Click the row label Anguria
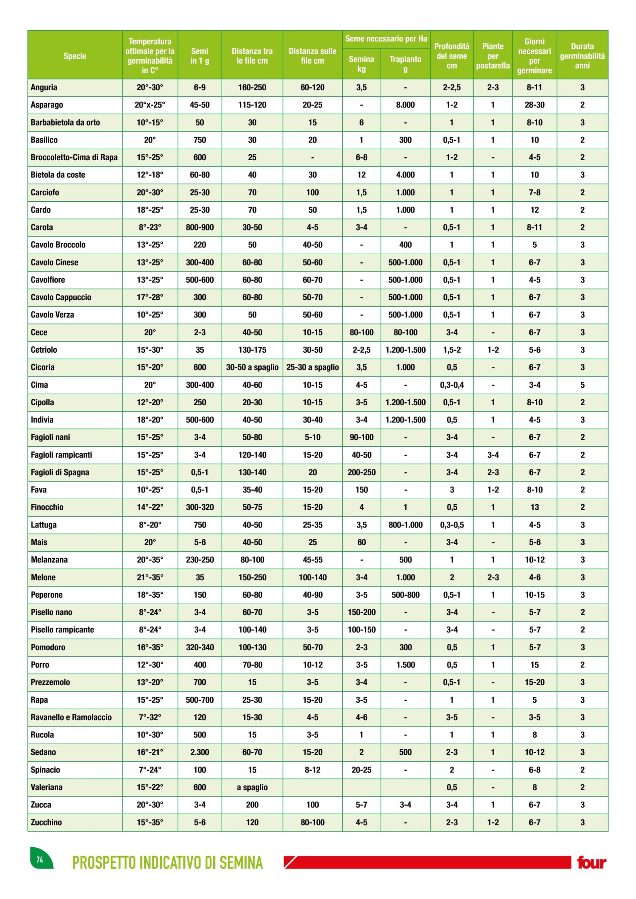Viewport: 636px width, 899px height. (x=44, y=87)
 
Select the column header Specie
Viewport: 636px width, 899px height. (x=75, y=56)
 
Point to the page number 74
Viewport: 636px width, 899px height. (x=39, y=860)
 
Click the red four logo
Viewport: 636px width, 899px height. (x=591, y=862)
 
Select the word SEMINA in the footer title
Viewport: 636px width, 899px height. (x=241, y=863)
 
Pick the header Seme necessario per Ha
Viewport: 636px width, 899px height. (x=386, y=39)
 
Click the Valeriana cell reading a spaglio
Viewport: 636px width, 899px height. (x=252, y=787)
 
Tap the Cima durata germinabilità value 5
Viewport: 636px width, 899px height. (x=582, y=385)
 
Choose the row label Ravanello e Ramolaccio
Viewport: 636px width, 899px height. (x=71, y=717)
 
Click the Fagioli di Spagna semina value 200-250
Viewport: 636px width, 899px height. (x=361, y=472)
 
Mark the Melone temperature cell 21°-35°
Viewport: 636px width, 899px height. (x=150, y=577)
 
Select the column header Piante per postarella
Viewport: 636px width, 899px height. (x=493, y=56)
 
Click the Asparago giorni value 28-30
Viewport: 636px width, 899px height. (x=534, y=105)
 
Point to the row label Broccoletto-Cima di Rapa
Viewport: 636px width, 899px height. (x=74, y=157)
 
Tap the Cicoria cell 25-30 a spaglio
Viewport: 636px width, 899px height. (x=312, y=367)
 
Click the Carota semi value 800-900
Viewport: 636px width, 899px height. (x=199, y=227)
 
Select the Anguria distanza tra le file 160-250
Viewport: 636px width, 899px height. (x=252, y=87)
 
